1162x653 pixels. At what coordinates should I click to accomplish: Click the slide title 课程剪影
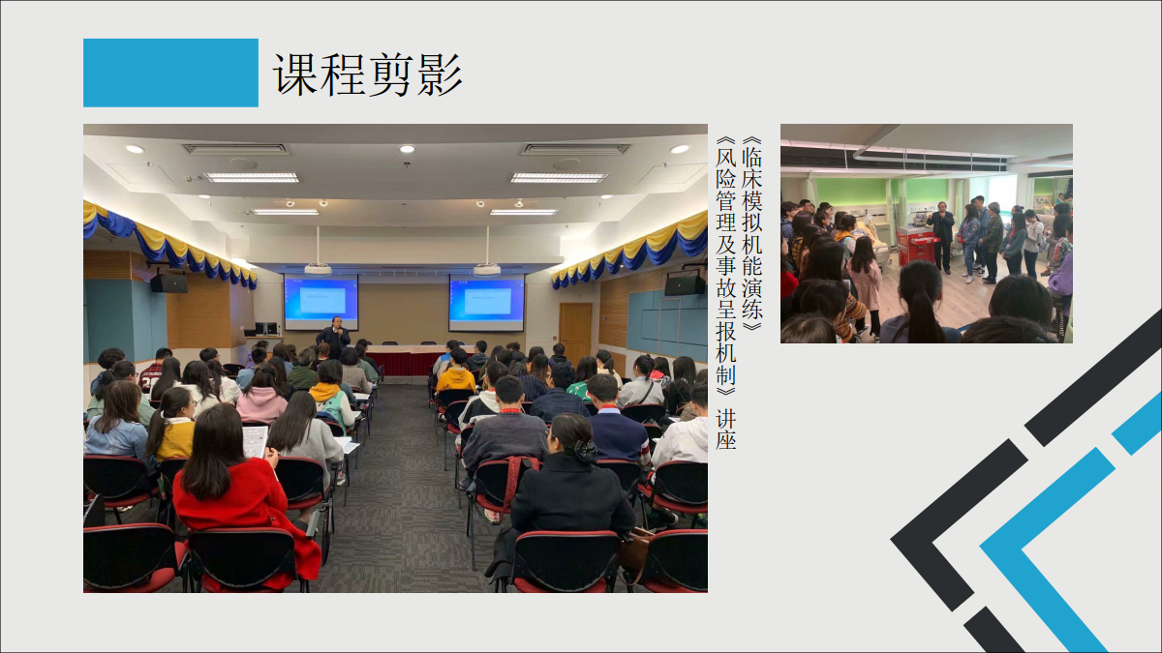tap(367, 74)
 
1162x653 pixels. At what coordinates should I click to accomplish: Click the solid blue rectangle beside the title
tap(170, 73)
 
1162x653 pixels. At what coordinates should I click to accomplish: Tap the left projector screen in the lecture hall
tap(321, 302)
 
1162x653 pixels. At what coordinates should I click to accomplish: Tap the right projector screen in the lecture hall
tap(486, 303)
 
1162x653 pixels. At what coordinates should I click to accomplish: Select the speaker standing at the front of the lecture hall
tap(334, 337)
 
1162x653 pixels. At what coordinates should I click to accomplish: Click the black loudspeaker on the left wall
tap(168, 282)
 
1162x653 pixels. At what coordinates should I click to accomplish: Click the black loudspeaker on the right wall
tap(685, 285)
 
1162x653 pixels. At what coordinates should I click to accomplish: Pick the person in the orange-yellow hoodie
tap(455, 374)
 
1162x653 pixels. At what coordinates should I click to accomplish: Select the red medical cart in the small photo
tap(916, 245)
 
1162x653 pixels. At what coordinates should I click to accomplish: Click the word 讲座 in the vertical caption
tap(725, 429)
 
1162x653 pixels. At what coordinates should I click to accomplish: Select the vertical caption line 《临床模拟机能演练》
tap(751, 234)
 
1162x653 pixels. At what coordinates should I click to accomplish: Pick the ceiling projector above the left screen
tap(318, 269)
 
